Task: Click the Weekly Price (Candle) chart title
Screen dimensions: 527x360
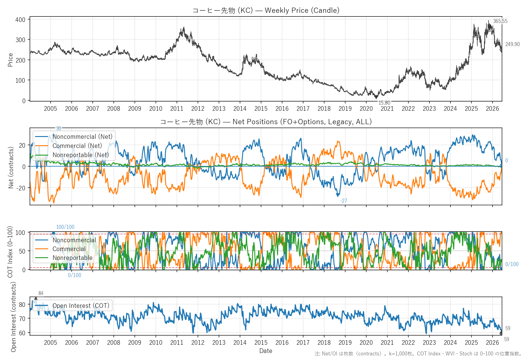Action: coord(266,10)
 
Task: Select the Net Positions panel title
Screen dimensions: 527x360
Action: coord(266,122)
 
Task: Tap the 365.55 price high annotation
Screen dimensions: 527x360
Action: coord(500,21)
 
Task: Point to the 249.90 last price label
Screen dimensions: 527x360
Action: coord(512,44)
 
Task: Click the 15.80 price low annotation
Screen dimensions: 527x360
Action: coord(384,103)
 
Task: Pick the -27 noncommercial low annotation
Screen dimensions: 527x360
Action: coord(344,201)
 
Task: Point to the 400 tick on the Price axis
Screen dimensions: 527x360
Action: coord(20,20)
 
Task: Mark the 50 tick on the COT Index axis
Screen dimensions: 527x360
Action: coord(22,251)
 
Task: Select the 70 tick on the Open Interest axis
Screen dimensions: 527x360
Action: coord(22,319)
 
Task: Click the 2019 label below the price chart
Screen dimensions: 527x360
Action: coord(345,109)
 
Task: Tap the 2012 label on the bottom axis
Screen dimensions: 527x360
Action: coord(198,343)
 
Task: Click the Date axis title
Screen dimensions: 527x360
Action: coord(266,351)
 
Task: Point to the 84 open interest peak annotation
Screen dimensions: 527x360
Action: coord(41,293)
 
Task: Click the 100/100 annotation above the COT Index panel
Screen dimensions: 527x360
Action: coord(65,227)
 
